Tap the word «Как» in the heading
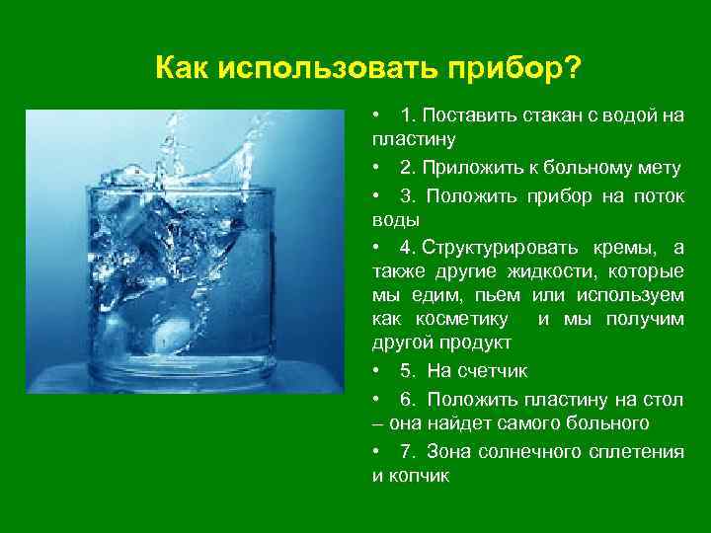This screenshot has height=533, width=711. coord(182,70)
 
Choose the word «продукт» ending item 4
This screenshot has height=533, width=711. coord(475,343)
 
